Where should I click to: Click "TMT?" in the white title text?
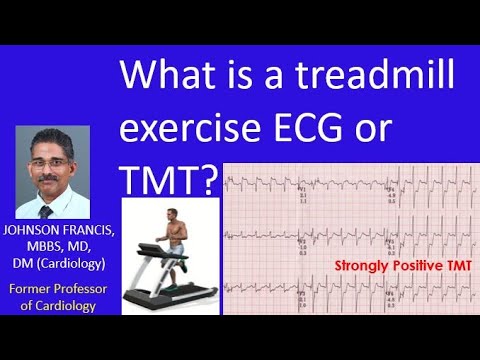(x=168, y=177)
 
